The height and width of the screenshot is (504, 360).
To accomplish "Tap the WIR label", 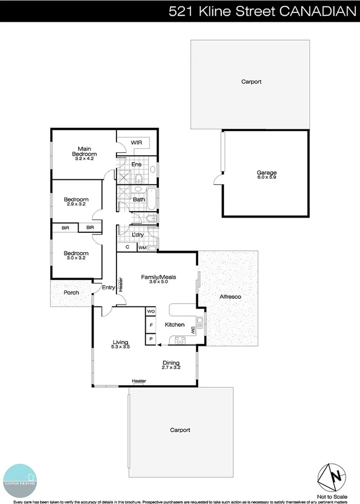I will [136, 142].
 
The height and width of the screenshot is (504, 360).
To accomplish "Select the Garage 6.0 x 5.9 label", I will [266, 173].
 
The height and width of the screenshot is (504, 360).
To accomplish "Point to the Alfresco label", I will [230, 296].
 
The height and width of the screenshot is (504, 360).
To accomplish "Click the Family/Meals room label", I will [158, 279].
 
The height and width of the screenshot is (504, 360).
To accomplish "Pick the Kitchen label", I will [175, 325].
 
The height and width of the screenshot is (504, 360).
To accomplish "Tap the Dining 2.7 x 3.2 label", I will [171, 365].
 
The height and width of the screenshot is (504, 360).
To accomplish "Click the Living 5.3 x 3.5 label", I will [121, 344].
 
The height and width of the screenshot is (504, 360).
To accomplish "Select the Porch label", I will [71, 292].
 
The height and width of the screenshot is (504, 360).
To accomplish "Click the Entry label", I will [108, 288].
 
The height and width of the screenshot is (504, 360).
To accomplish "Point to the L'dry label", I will [138, 235].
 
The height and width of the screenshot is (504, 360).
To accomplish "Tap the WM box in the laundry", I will [142, 248].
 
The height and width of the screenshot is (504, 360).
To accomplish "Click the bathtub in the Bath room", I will [151, 199].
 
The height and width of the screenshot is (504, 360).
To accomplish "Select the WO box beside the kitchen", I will [151, 311].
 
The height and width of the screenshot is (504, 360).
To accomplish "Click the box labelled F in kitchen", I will [151, 325].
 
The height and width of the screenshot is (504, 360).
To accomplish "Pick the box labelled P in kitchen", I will [151, 339].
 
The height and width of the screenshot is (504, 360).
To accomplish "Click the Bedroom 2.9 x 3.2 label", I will [76, 201].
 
